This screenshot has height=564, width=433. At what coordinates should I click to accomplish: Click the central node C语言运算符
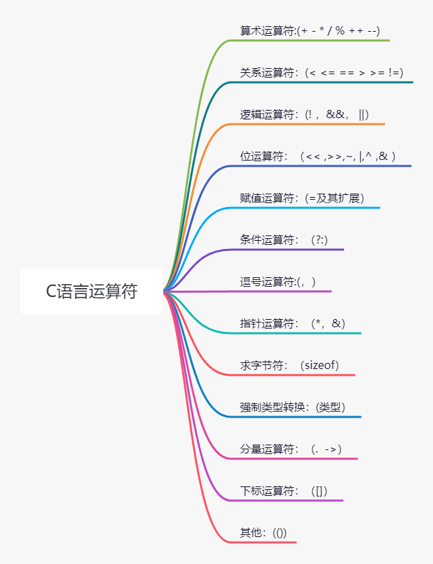(91, 291)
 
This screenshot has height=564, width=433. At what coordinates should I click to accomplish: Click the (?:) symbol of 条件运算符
(320, 240)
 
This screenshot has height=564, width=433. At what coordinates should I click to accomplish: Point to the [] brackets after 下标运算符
(320, 491)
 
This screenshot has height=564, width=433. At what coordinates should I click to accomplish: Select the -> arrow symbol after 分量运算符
(333, 449)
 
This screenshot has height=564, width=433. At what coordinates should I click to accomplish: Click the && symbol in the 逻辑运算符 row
(335, 115)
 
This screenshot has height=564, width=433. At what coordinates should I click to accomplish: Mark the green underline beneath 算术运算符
(310, 40)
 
